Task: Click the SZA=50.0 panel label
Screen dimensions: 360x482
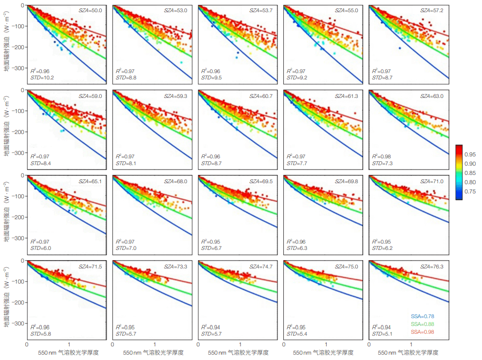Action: pyautogui.click(x=91, y=10)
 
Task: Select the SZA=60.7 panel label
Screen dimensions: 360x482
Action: pyautogui.click(x=262, y=96)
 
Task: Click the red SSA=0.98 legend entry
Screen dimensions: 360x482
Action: pyautogui.click(x=422, y=332)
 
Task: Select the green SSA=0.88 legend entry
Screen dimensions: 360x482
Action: pyautogui.click(x=422, y=324)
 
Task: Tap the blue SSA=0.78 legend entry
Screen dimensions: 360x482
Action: pyautogui.click(x=422, y=316)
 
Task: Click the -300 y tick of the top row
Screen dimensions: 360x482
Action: pyautogui.click(x=19, y=69)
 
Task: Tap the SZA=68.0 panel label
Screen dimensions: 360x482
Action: pyautogui.click(x=176, y=181)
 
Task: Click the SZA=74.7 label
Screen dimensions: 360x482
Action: pyautogui.click(x=262, y=266)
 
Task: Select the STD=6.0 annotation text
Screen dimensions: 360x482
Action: pyautogui.click(x=40, y=248)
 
